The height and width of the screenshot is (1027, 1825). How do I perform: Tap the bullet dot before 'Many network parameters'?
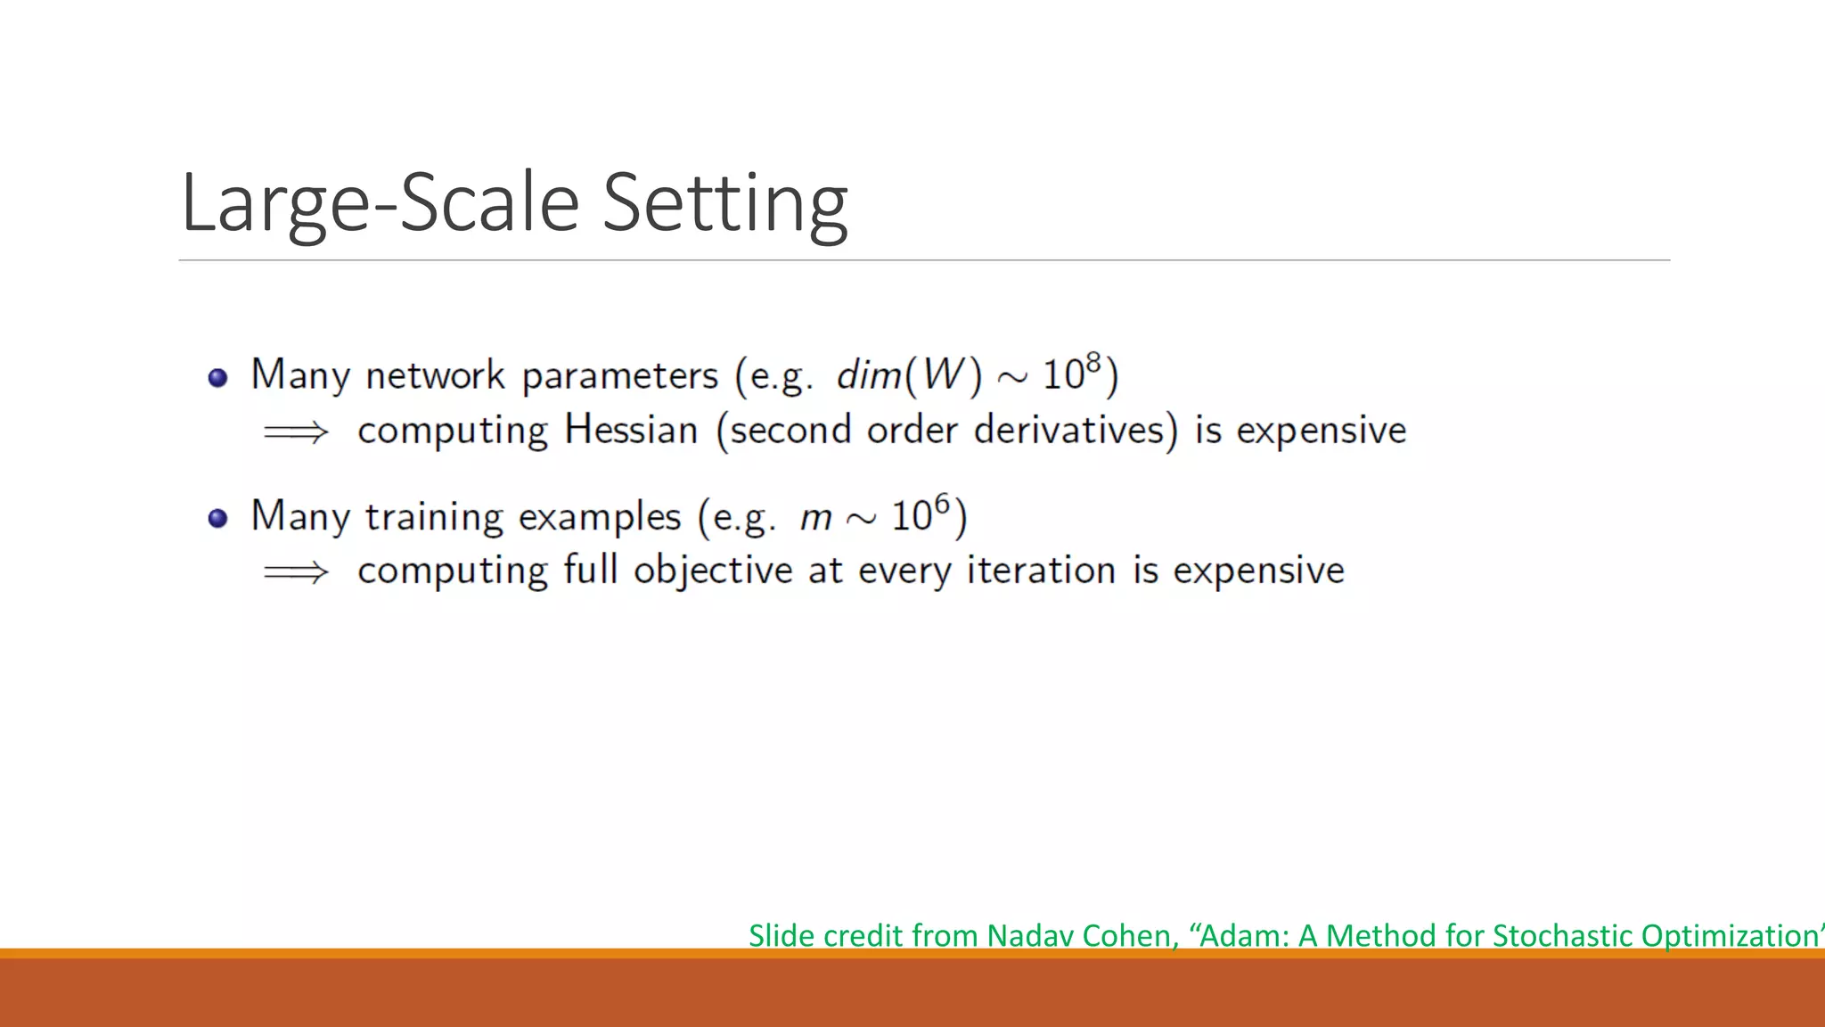pyautogui.click(x=218, y=378)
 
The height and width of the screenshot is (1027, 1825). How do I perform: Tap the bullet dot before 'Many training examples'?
pyautogui.click(x=218, y=518)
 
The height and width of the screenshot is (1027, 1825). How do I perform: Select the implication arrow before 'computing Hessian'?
pyautogui.click(x=296, y=432)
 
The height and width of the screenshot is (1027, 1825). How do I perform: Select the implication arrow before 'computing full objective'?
pyautogui.click(x=296, y=571)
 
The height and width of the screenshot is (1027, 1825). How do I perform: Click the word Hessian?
pyautogui.click(x=631, y=430)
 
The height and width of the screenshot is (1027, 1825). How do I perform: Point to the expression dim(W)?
pyautogui.click(x=908, y=374)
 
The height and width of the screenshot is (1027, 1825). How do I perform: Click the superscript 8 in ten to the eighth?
pyautogui.click(x=1093, y=362)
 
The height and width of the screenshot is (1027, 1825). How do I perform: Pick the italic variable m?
pyautogui.click(x=815, y=518)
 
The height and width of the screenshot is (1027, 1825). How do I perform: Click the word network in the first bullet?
pyautogui.click(x=435, y=375)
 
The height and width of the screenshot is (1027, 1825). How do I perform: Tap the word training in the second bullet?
pyautogui.click(x=434, y=517)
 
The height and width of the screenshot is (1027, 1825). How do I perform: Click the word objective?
pyautogui.click(x=713, y=571)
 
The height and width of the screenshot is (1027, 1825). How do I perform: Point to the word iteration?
pyautogui.click(x=1041, y=571)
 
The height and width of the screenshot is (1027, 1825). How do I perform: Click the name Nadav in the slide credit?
pyautogui.click(x=1030, y=935)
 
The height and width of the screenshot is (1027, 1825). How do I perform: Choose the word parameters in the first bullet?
pyautogui.click(x=619, y=375)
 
